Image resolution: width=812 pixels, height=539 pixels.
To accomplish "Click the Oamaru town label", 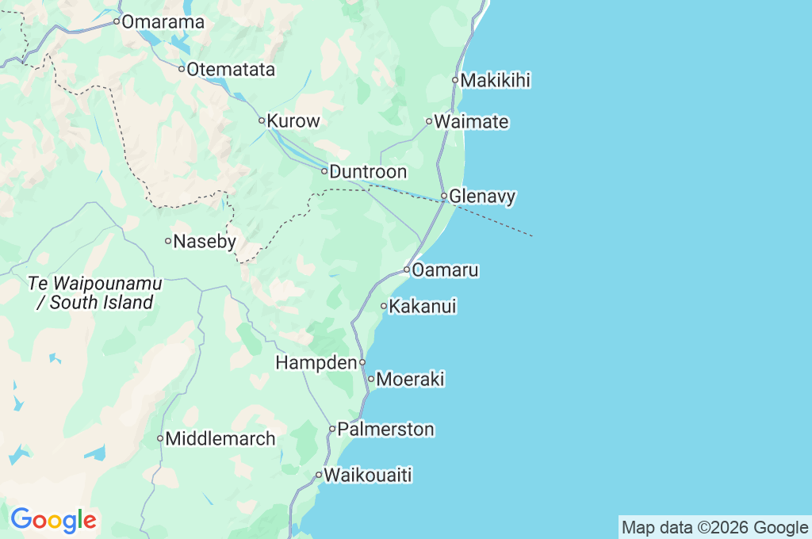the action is click(x=445, y=270).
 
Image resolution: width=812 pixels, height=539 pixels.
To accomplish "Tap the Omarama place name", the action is click(x=163, y=22).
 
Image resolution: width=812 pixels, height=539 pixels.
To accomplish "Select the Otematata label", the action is click(x=231, y=70).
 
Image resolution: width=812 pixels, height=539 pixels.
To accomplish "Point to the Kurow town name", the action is click(x=293, y=121).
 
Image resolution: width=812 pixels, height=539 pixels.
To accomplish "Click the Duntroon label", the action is click(x=368, y=171).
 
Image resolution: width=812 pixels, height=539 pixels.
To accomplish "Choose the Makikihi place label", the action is click(x=496, y=80).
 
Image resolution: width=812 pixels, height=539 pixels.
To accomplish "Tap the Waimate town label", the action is click(x=472, y=122).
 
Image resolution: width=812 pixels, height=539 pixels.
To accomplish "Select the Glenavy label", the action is click(x=482, y=196).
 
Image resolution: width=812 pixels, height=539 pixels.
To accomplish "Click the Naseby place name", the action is click(x=205, y=241).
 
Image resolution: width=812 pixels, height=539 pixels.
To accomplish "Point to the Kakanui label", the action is click(x=423, y=306).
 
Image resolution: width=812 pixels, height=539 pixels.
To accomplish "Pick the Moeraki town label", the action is click(x=410, y=380).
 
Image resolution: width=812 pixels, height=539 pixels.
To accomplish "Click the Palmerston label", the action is click(x=385, y=430).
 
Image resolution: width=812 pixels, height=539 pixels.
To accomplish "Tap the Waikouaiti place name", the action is click(x=368, y=476).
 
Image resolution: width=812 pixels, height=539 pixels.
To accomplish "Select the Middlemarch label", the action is click(x=220, y=438).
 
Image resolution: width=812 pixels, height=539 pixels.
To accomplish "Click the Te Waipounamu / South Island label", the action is click(x=94, y=292).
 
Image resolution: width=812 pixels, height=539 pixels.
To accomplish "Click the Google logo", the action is click(x=53, y=520).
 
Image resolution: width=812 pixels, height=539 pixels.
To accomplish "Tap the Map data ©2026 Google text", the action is click(x=714, y=528).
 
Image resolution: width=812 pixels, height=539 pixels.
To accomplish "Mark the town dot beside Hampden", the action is click(x=362, y=362).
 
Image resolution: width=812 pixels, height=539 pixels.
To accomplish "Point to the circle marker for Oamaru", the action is click(x=406, y=270).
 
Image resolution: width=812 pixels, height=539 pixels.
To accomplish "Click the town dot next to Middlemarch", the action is click(x=159, y=438).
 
